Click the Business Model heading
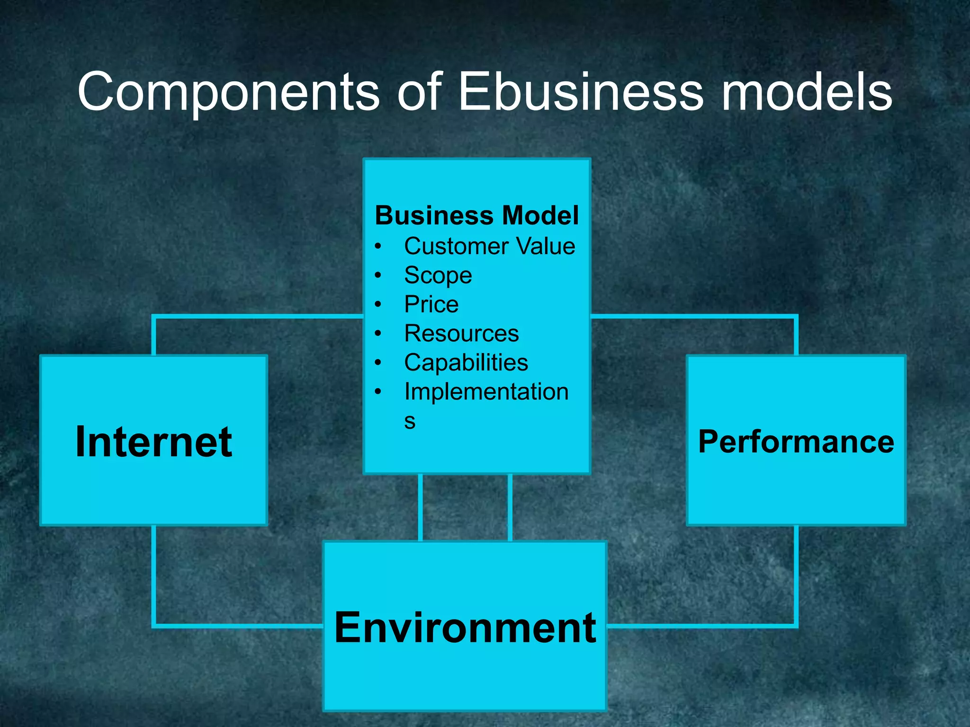point(476,215)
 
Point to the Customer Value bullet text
point(489,246)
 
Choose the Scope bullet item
point(438,275)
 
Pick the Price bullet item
point(431,304)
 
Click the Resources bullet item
point(461,333)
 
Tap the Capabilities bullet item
point(466,363)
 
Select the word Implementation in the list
point(486,392)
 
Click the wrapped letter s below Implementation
point(410,421)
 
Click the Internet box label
point(154,442)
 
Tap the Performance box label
point(796,442)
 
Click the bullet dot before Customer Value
point(377,246)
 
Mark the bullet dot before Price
point(377,304)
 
